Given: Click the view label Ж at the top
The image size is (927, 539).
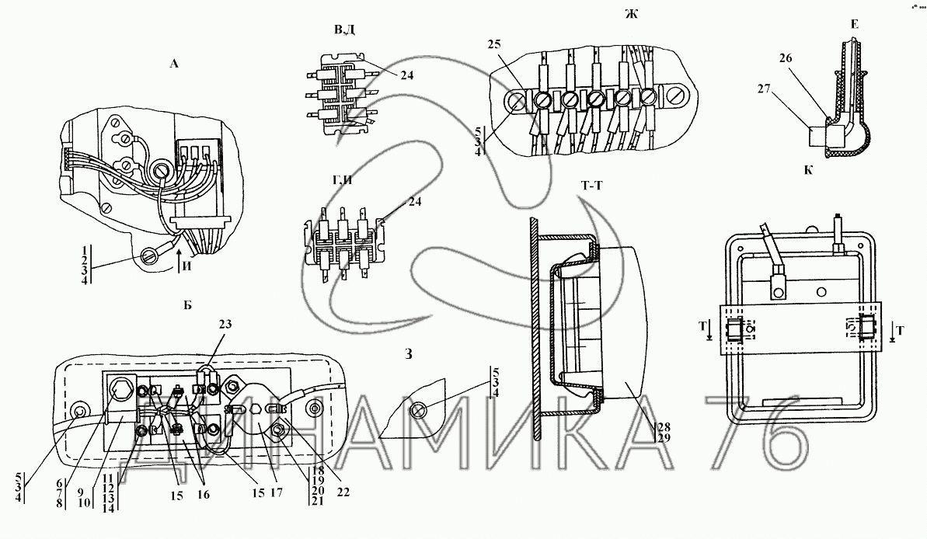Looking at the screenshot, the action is (632, 13).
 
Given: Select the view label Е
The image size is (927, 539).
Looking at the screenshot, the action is (854, 25).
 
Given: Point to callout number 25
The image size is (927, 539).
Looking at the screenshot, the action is (494, 44).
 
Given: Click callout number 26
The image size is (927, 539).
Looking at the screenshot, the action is (785, 58).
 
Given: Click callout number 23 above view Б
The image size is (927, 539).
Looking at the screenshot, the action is (225, 324).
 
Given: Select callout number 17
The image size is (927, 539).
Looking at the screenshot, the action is (276, 493).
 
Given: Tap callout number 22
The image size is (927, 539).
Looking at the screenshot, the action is (343, 492).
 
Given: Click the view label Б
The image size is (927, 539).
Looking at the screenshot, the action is (187, 306).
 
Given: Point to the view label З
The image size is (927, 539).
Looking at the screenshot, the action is (408, 354).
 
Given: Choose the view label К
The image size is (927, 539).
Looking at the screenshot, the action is (808, 171).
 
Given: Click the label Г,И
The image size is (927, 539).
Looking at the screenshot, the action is (342, 180).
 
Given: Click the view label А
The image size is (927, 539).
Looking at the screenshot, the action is (174, 64).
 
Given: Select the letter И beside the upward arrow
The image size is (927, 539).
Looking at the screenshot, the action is (186, 266).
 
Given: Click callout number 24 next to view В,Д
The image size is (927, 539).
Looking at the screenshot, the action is (406, 75).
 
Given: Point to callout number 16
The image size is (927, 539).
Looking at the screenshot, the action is (203, 495).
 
